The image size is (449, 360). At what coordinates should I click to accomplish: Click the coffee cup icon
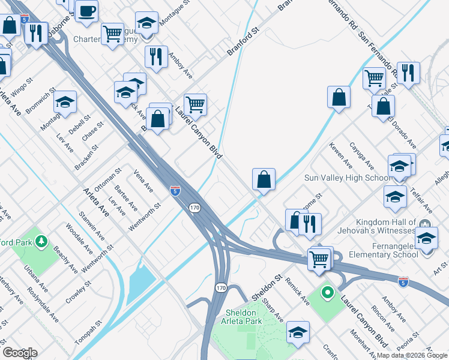[88, 11]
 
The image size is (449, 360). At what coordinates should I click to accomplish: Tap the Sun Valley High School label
[348, 178]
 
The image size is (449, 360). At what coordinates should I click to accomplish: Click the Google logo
[19, 353]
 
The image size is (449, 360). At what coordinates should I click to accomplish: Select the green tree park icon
[41, 242]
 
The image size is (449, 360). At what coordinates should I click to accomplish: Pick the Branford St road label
[243, 43]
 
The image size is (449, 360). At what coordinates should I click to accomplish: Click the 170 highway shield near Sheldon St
[221, 289]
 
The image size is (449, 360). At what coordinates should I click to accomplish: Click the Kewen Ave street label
[340, 155]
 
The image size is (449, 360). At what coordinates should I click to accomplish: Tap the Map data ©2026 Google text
[411, 355]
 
